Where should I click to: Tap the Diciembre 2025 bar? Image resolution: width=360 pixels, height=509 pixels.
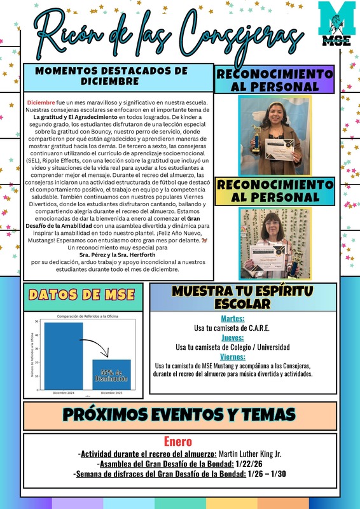[x=111, y=375]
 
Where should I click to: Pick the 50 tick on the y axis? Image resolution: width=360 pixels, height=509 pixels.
[x=37, y=322]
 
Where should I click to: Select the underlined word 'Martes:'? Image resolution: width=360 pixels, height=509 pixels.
[x=232, y=319]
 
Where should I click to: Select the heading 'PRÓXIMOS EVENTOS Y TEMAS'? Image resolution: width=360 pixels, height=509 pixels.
[x=179, y=414]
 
